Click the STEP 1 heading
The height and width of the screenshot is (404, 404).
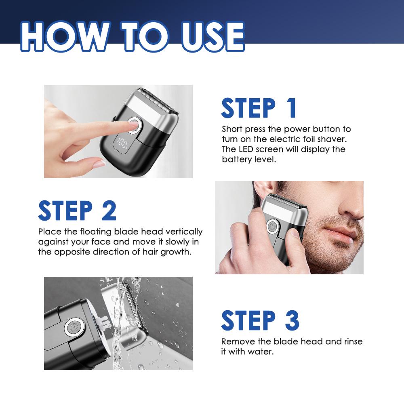[x=259, y=108]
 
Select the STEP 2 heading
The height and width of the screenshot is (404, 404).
[x=77, y=210]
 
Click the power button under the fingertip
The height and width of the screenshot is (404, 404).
[x=134, y=125]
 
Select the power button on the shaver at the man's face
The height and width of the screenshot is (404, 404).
[x=272, y=226]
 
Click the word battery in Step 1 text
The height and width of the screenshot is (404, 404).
[x=235, y=159]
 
